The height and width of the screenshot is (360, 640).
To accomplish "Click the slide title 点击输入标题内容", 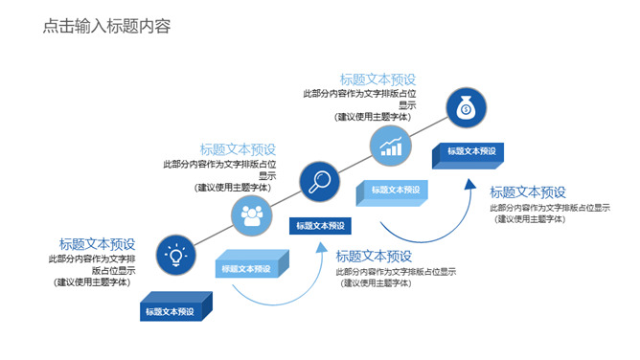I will tap(106, 27).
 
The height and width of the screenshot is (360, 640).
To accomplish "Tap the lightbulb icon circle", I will tap(176, 255).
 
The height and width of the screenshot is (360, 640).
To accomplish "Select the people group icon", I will tap(252, 216).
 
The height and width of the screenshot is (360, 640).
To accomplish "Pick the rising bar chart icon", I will tap(390, 146).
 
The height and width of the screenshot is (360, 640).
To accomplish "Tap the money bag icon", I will tap(465, 108).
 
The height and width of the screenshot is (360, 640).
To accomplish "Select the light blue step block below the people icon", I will tap(248, 269).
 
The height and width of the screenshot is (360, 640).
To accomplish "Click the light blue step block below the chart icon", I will tap(392, 191).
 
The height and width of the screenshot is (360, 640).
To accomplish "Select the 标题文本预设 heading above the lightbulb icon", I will tap(97, 243).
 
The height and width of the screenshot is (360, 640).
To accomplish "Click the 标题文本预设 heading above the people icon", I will tap(238, 149).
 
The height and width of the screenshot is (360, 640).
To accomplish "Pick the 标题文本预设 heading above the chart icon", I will tap(377, 79).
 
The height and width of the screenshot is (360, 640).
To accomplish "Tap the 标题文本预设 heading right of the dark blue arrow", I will tap(528, 192).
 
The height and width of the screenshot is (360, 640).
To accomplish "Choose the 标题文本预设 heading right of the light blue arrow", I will tap(374, 257).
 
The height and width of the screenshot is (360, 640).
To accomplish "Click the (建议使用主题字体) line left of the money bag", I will tap(374, 118).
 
